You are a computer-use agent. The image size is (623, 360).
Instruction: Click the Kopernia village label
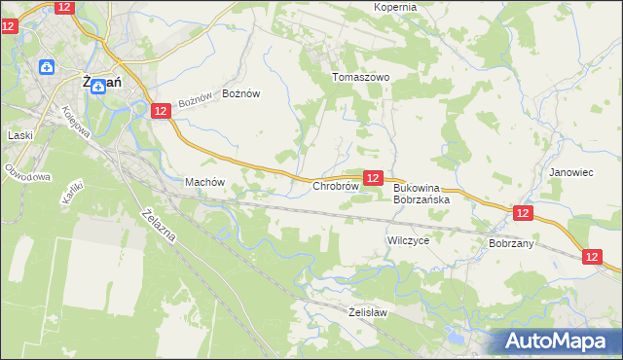395,7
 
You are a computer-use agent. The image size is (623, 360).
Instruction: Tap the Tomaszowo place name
360,77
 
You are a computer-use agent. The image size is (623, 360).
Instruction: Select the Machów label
204,182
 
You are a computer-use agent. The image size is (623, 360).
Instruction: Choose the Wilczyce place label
408,239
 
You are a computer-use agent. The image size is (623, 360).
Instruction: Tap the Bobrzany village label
511,243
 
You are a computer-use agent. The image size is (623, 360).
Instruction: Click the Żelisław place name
368,312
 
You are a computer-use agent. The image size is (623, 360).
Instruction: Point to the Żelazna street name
158,227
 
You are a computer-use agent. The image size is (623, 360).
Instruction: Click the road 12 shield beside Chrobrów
373,178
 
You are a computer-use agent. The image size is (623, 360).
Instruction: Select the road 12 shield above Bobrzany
523,213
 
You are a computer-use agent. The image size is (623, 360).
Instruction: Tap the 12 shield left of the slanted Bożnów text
161,112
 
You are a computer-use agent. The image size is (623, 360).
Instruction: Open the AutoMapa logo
560,341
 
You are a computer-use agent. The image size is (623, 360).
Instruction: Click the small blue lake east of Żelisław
453,340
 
